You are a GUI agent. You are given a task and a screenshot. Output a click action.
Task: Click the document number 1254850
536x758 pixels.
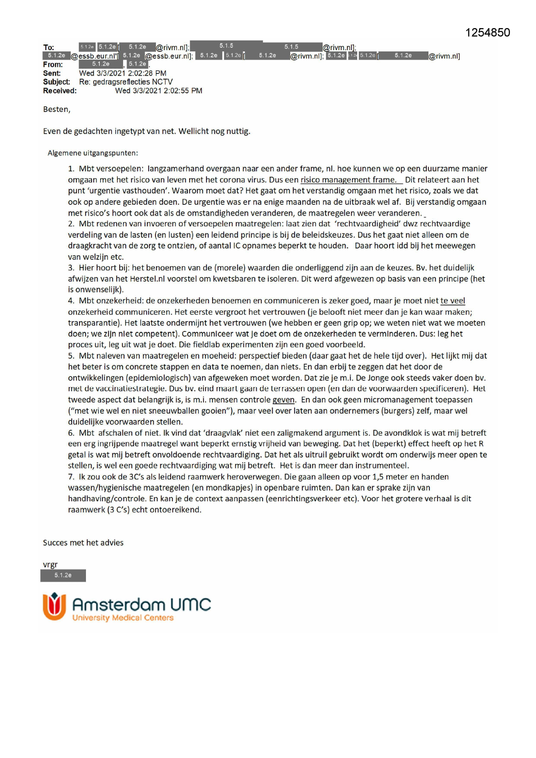click(487, 33)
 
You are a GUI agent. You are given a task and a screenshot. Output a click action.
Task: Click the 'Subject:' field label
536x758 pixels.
click(56, 82)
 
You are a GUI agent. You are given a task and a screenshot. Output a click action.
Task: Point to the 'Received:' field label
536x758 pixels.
click(60, 91)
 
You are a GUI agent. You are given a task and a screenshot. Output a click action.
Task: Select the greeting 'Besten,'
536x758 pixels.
click(57, 109)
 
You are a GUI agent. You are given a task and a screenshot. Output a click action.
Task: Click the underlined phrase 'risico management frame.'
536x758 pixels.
click(348, 180)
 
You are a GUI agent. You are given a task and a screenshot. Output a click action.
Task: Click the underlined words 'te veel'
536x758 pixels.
click(453, 301)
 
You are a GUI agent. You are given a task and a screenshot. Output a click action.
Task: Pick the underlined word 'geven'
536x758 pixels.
click(283, 400)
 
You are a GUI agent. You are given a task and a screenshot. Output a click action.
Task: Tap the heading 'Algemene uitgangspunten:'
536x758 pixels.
click(93, 153)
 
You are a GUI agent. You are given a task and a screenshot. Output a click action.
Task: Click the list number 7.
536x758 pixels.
click(71, 477)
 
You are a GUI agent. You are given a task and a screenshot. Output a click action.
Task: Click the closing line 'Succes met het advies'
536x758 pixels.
click(83, 543)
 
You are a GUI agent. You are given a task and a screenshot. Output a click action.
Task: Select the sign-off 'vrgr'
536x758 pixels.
click(50, 564)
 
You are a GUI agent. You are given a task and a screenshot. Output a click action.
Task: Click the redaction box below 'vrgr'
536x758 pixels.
click(63, 576)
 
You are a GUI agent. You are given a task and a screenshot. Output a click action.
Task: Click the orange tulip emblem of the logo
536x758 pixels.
click(54, 606)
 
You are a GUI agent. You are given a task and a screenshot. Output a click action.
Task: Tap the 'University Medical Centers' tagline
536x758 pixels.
click(123, 618)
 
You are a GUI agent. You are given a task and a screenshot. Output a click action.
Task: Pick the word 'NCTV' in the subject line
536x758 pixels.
click(163, 82)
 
